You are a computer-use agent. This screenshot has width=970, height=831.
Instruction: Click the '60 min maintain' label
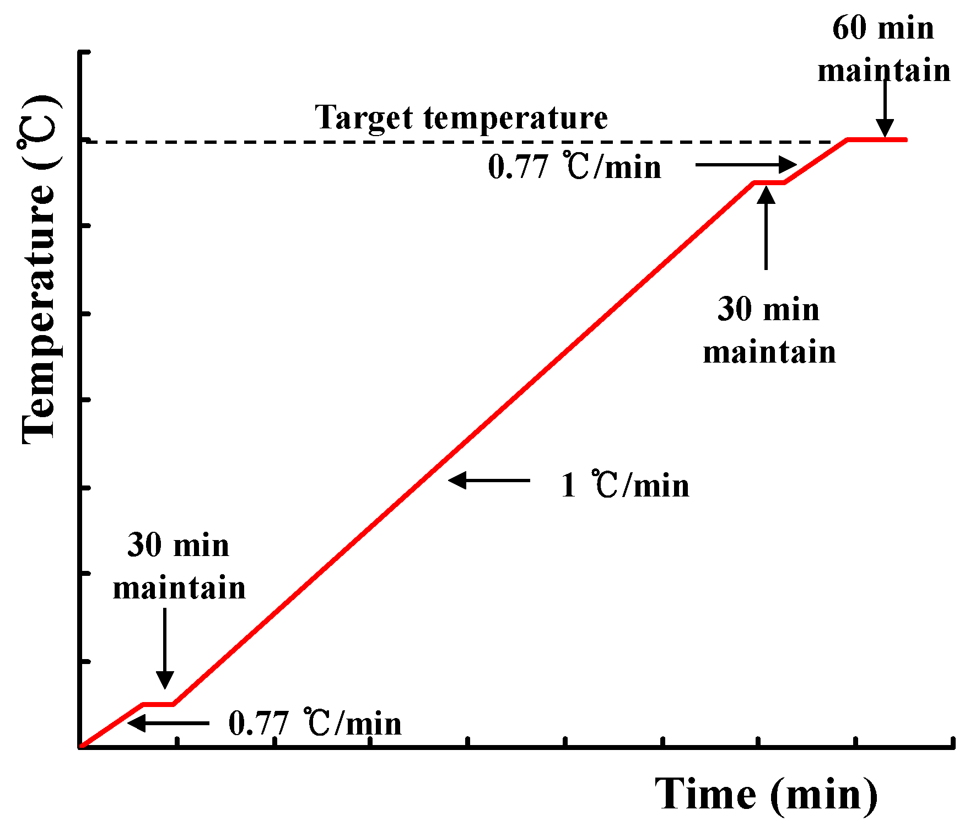click(x=883, y=50)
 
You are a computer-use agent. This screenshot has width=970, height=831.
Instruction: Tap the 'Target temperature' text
click(x=461, y=117)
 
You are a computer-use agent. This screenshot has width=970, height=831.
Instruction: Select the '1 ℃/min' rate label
click(x=624, y=485)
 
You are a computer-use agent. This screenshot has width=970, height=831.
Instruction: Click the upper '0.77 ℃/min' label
click(x=574, y=166)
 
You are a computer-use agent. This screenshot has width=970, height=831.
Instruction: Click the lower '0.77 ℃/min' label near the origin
click(x=315, y=723)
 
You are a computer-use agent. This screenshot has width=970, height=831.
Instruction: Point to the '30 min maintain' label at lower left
click(x=179, y=566)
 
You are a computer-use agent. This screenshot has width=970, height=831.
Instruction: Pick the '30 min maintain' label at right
click(x=769, y=331)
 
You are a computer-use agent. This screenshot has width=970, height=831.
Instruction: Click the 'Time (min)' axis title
click(x=766, y=794)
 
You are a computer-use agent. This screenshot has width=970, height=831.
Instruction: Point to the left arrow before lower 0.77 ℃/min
click(x=168, y=722)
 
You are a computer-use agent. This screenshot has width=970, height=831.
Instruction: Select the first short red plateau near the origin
click(x=159, y=704)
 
